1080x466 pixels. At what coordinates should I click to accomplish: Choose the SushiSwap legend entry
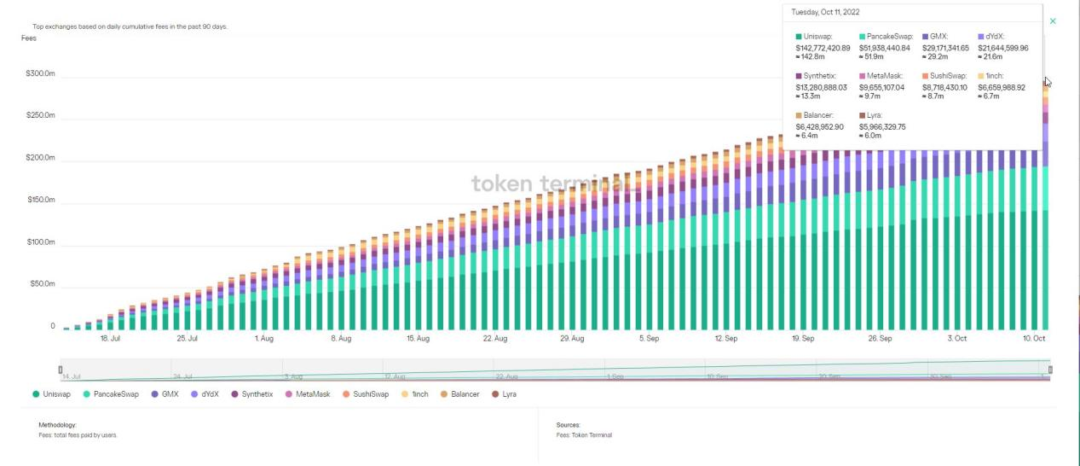coord(366,394)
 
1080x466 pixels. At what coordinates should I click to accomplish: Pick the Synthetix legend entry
coord(251,394)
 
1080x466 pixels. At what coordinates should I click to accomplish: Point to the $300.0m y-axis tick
coord(40,74)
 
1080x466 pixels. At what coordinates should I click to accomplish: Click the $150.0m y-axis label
coord(40,200)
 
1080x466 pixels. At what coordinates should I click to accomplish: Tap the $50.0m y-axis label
coord(42,284)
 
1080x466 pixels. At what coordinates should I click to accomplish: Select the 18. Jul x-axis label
coord(110,339)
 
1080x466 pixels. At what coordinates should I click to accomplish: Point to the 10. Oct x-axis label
coord(1033,339)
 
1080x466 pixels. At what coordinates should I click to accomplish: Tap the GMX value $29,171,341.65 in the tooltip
coord(945,48)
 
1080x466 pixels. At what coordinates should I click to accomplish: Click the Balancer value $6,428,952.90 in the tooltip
coord(819,126)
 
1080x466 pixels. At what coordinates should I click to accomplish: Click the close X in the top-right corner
coord(1053,20)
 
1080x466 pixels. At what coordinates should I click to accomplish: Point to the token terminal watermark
coord(546,183)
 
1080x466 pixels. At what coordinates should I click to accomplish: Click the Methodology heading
coord(58,424)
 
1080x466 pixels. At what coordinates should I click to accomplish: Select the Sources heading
coord(568,424)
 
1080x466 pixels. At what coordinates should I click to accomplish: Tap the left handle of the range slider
coord(61,370)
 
